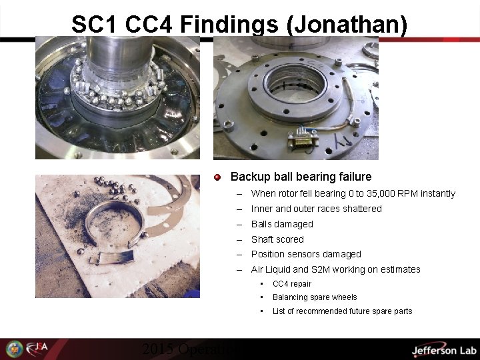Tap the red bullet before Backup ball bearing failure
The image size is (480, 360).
click(217, 177)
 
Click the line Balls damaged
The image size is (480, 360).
click(282, 224)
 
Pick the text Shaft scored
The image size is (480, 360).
click(277, 239)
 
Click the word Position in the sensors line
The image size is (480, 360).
click(267, 254)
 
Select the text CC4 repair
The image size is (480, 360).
click(292, 284)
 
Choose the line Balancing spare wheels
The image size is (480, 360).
click(315, 297)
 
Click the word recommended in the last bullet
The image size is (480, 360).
click(324, 311)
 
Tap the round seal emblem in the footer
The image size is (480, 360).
click(14, 349)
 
